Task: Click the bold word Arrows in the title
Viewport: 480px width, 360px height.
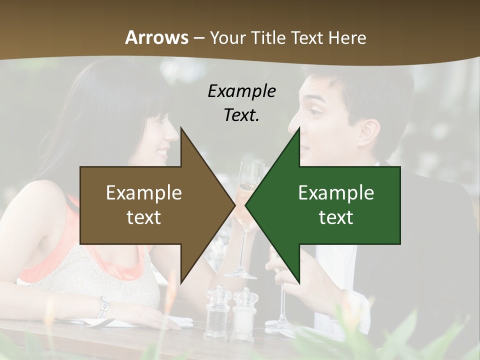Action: point(156,37)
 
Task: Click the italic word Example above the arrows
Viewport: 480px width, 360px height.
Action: point(241,91)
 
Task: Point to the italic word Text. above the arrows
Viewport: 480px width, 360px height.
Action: point(241,115)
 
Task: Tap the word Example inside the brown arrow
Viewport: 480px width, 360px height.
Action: point(144,192)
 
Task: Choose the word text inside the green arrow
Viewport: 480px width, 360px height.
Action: point(336,217)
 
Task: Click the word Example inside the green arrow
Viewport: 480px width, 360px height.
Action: point(336,192)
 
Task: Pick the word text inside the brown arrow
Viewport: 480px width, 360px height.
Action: point(144,217)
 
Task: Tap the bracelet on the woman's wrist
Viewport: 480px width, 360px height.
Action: point(103,306)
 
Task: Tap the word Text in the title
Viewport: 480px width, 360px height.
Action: point(308,37)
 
